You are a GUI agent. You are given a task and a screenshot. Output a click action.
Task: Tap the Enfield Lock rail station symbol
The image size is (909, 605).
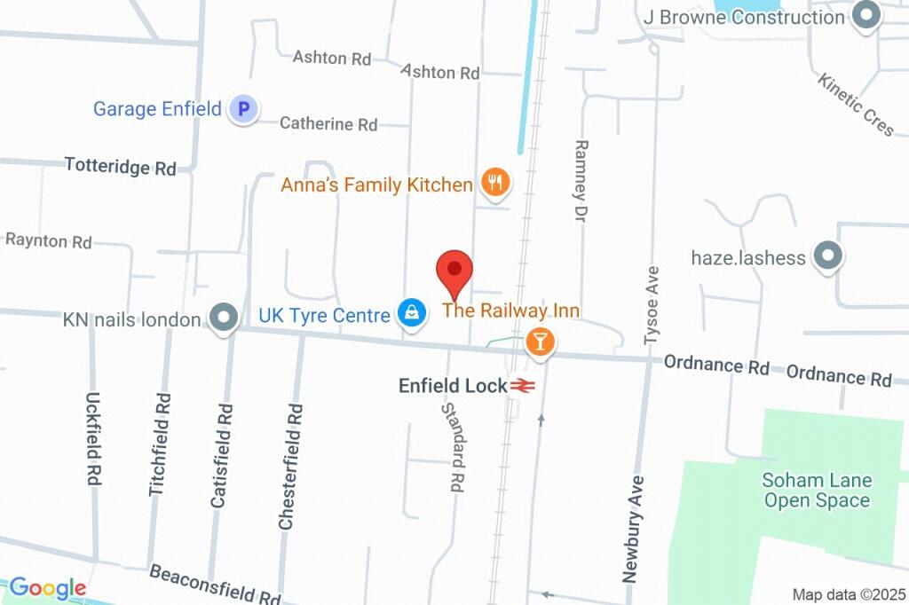click(521, 386)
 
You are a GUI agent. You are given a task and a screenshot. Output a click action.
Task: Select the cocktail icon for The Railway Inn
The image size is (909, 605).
click(539, 342)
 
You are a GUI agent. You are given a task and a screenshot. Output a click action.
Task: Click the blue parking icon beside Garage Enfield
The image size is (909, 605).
click(242, 110)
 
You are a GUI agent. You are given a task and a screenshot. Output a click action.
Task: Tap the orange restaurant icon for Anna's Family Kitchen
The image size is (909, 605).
click(494, 184)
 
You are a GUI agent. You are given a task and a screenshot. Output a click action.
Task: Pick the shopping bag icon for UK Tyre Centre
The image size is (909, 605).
click(410, 312)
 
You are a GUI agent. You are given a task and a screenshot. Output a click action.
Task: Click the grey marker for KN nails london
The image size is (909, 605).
click(224, 318)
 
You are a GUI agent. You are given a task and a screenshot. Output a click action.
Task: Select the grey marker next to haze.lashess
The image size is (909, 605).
click(827, 257)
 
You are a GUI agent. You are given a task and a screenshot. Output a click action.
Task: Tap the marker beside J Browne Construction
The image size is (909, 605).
click(865, 15)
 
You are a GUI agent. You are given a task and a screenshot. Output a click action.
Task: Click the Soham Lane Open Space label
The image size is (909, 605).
click(817, 491)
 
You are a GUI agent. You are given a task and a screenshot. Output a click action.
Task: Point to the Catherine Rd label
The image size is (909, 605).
click(328, 124)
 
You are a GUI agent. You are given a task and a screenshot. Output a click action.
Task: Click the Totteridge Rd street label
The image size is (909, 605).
click(121, 167)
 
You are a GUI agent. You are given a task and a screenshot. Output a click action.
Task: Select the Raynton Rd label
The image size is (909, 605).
click(49, 241)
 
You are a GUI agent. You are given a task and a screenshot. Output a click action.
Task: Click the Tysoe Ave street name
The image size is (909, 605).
click(652, 304)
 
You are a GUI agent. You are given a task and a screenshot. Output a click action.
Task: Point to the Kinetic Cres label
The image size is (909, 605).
click(856, 105)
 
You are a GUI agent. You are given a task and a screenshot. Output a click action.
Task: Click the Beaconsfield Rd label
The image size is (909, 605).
click(215, 584)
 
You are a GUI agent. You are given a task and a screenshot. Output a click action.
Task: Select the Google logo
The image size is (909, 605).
click(48, 588)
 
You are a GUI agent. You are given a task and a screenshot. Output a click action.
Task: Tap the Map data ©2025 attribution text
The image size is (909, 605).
click(848, 594)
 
